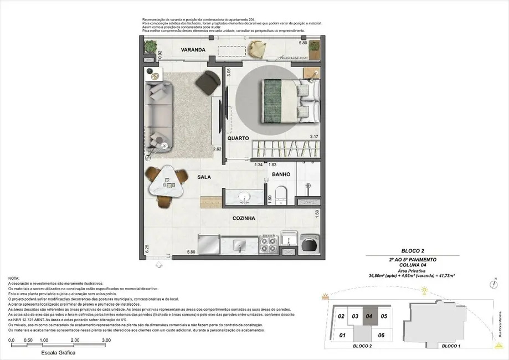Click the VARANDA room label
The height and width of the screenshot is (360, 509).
193,50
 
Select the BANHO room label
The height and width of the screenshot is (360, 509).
281,174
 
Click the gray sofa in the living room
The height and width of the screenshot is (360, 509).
161,111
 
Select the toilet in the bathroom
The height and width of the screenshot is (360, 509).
281,194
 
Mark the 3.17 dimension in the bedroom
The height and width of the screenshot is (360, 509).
315,137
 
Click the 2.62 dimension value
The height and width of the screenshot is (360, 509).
217,149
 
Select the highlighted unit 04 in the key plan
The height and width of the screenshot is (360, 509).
370,317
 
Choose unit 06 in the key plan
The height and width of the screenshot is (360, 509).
381,335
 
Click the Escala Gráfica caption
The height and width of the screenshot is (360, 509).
58,352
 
